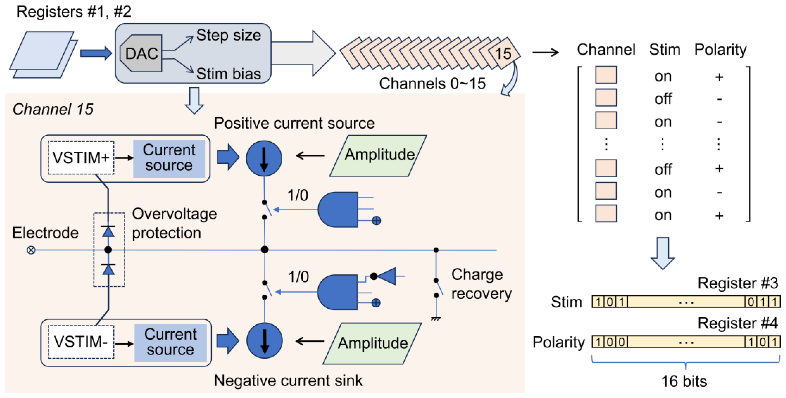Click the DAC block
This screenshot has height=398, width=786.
[141, 54]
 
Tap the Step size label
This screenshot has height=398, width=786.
[228, 35]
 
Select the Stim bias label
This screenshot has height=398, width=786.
[228, 74]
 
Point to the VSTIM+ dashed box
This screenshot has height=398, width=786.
[81, 158]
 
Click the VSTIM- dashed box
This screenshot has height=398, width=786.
[81, 342]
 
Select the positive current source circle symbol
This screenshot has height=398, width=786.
[264, 158]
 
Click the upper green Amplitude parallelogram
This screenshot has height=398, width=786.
[379, 155]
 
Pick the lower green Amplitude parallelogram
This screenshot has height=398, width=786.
[373, 343]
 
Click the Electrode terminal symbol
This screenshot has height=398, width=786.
[31, 250]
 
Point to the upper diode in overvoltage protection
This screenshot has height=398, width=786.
[108, 232]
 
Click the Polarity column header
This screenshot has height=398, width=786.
[720, 50]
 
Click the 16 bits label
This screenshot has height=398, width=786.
[684, 381]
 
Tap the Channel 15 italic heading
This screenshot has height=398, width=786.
[53, 109]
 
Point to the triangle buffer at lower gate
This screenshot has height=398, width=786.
[388, 276]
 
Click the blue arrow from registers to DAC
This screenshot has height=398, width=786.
[95, 53]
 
